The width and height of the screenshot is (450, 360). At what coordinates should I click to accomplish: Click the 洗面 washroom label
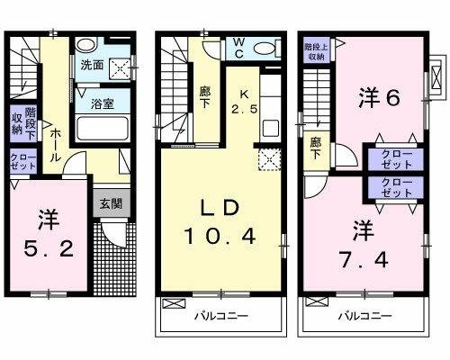92,65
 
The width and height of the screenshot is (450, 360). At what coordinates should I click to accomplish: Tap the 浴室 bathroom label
103,103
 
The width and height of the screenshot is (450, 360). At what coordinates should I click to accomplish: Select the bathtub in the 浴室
103,129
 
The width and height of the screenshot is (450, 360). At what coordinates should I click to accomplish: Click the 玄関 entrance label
111,203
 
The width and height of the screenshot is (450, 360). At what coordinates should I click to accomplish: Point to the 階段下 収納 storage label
23,123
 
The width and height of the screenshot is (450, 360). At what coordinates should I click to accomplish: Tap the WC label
239,48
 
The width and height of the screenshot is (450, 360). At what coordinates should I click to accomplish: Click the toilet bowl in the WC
264,49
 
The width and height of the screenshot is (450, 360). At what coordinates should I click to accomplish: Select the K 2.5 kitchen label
244,102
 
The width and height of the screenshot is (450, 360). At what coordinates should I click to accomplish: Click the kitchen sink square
271,128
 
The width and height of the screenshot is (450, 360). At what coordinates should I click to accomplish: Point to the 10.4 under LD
220,236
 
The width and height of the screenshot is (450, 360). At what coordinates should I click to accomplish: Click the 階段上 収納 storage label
316,51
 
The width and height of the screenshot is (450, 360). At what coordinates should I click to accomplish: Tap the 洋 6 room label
380,97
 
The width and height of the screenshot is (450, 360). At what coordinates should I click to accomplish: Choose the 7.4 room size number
364,260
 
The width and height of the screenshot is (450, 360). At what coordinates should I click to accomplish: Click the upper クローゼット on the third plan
396,159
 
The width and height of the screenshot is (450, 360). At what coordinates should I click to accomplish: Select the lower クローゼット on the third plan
396,187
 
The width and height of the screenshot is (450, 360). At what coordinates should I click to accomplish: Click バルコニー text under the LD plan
221,316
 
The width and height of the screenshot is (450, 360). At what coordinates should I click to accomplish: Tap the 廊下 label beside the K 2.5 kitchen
205,96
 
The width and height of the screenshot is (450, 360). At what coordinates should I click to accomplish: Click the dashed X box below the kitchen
269,159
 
